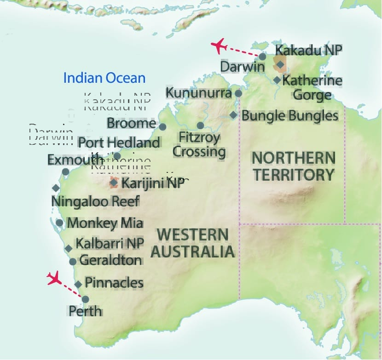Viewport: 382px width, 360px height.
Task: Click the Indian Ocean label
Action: pyautogui.click(x=104, y=78)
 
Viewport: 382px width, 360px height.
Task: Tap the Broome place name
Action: pyautogui.click(x=131, y=123)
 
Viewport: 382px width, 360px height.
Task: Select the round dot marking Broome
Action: pyautogui.click(x=162, y=126)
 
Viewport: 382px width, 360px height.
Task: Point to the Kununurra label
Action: pyautogui.click(x=198, y=92)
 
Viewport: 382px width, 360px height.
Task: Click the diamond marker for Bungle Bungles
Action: pyautogui.click(x=234, y=115)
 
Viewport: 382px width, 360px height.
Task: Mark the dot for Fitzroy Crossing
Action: pyautogui.click(x=200, y=126)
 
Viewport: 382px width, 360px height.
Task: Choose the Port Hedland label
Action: pyautogui.click(x=119, y=143)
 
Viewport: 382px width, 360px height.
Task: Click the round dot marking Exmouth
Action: pyautogui.click(x=65, y=171)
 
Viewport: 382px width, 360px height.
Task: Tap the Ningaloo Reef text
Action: pyautogui.click(x=95, y=201)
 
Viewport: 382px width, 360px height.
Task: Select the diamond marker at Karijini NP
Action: pyautogui.click(x=114, y=183)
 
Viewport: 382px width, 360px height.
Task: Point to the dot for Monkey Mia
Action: pyautogui.click(x=59, y=223)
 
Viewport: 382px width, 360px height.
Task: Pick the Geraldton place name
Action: pyautogui.click(x=110, y=260)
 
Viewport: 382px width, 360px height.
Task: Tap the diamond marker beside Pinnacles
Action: pyautogui.click(x=78, y=284)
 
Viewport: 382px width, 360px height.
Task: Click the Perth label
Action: pyautogui.click(x=85, y=311)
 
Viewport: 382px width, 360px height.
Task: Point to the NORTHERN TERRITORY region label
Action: pyautogui.click(x=294, y=166)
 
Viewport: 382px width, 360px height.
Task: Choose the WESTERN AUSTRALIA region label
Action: pyautogui.click(x=193, y=243)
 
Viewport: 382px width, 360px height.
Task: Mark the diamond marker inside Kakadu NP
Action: pyautogui.click(x=280, y=64)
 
